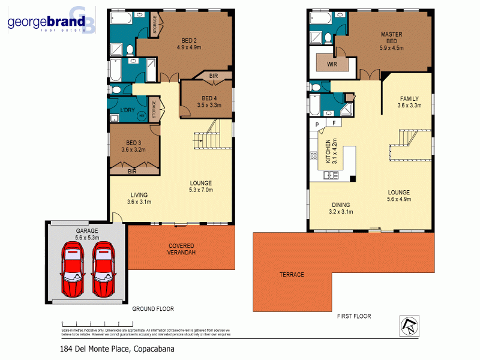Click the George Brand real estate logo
click(51, 23)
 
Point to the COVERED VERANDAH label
click(181, 249)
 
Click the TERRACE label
click(292, 275)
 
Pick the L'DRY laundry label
click(127, 110)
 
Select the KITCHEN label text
click(328, 151)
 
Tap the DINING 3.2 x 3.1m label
click(340, 208)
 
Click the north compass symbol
click(408, 326)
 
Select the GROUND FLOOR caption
click(153, 309)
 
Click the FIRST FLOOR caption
click(353, 316)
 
